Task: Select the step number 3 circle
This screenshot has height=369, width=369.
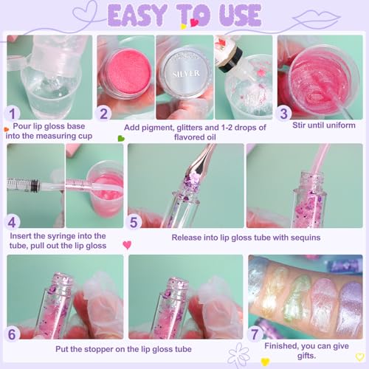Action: pos(283,113)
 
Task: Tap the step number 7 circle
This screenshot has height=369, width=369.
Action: pos(255,334)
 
